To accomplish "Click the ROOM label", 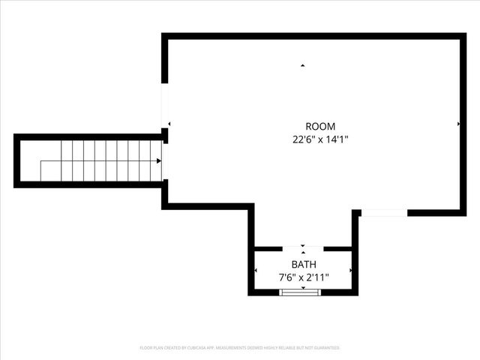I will pyautogui.click(x=320, y=126).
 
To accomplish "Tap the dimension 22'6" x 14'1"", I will pyautogui.click(x=320, y=139).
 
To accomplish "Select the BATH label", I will pyautogui.click(x=304, y=265).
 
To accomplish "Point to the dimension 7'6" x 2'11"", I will pyautogui.click(x=304, y=277).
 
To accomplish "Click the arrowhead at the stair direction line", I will pyautogui.click(x=159, y=160).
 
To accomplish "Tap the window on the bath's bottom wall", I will pyautogui.click(x=300, y=292).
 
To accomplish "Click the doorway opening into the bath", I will pyautogui.click(x=303, y=247).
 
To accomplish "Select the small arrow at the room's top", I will pyautogui.click(x=303, y=66).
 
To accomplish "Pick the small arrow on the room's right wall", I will pyautogui.click(x=458, y=123).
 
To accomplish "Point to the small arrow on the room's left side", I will pyautogui.click(x=169, y=124).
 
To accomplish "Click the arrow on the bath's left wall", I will pyautogui.click(x=257, y=270).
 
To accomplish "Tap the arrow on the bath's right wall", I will pyautogui.click(x=350, y=270).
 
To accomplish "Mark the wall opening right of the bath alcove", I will pyautogui.click(x=383, y=213).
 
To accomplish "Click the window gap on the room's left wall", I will pyautogui.click(x=165, y=105).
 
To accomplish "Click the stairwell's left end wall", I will pyautogui.click(x=16, y=160).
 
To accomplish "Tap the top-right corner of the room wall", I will pyautogui.click(x=463, y=36).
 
